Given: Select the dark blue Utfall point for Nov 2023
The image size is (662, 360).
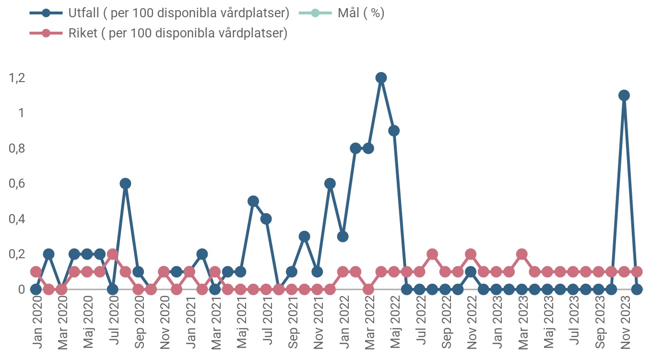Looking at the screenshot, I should pos(624,96).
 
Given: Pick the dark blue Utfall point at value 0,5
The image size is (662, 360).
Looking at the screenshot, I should pos(253,201).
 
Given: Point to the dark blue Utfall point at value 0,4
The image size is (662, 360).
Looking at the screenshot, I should pos(266,219).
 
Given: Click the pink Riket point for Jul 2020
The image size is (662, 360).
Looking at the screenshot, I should pos(113,254).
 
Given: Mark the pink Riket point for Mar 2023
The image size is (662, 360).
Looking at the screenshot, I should pos(522,254).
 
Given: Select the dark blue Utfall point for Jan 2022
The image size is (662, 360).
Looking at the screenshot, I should pos(343,236).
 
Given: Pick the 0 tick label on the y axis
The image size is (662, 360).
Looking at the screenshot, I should pos(22,289).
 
